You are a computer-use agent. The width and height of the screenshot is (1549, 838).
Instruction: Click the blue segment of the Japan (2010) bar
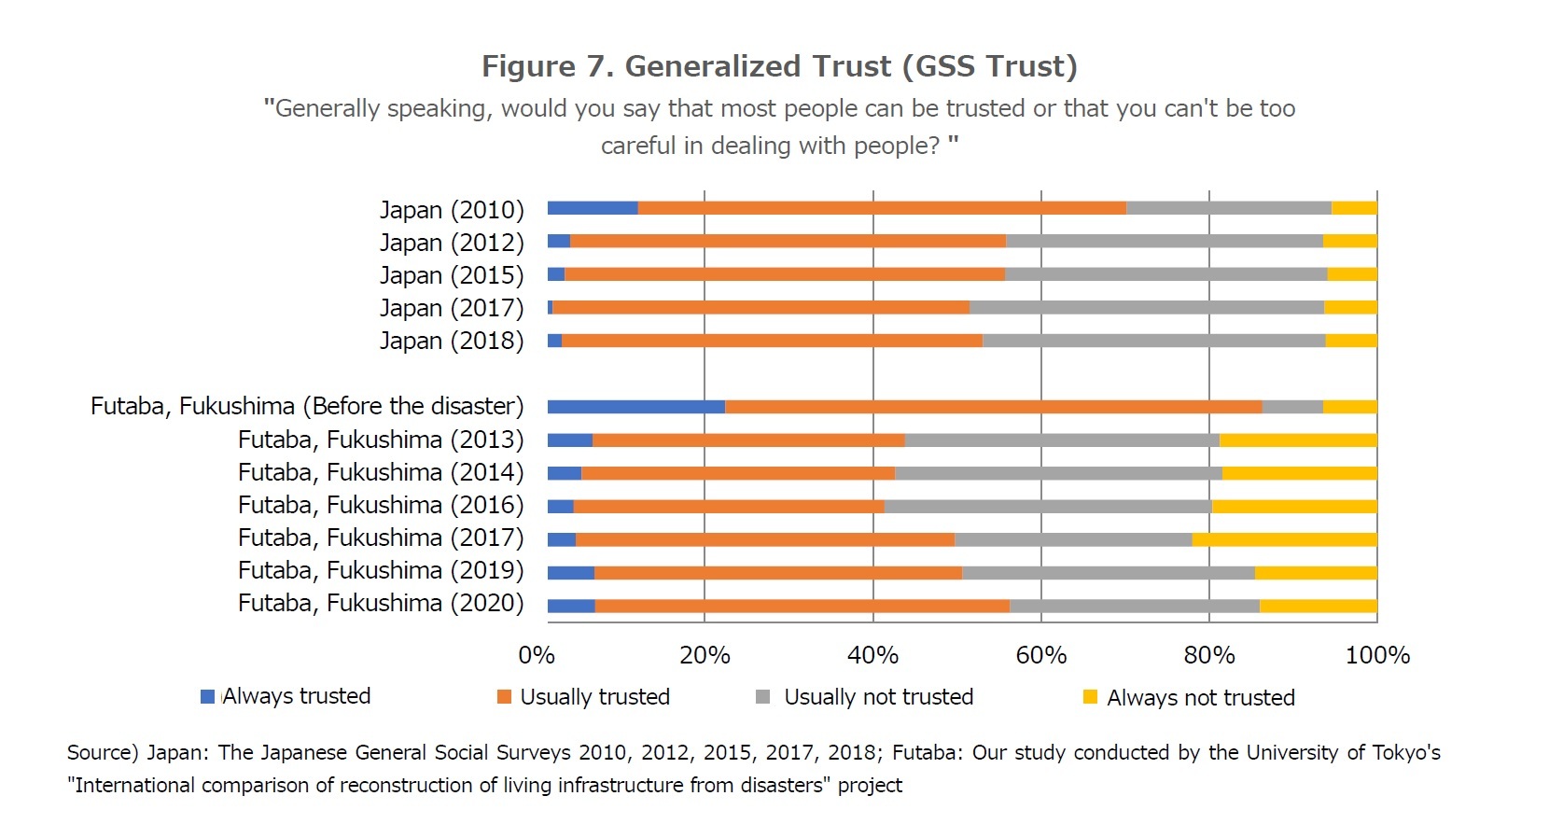point(593,208)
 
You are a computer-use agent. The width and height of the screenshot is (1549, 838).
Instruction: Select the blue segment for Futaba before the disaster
point(635,407)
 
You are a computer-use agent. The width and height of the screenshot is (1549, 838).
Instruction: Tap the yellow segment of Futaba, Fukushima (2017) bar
point(1284,539)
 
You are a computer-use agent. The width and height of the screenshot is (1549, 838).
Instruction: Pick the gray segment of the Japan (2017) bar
point(1146,308)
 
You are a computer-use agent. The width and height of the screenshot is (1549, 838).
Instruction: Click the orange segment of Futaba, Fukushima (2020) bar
point(802,606)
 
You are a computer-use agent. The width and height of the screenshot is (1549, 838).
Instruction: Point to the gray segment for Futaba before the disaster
point(1291,407)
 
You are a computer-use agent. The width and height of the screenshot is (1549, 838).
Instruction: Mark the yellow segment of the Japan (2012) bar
point(1349,242)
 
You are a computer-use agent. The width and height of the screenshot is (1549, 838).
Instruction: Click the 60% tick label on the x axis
point(1040,655)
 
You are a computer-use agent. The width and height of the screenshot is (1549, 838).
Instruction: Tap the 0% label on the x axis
point(537,655)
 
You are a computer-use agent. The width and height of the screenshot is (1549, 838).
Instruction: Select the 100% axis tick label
point(1376,655)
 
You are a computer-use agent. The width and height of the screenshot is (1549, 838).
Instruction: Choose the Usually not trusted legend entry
point(877,697)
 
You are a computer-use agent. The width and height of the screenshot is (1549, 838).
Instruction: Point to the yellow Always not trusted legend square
point(1090,697)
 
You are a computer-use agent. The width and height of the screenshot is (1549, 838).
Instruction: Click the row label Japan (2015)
point(452,275)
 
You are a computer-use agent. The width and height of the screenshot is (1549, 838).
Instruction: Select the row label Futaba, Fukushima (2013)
point(381,440)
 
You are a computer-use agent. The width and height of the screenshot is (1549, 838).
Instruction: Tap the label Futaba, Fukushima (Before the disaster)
point(307,407)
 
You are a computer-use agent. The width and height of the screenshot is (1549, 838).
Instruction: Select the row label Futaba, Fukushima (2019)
point(381,570)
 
